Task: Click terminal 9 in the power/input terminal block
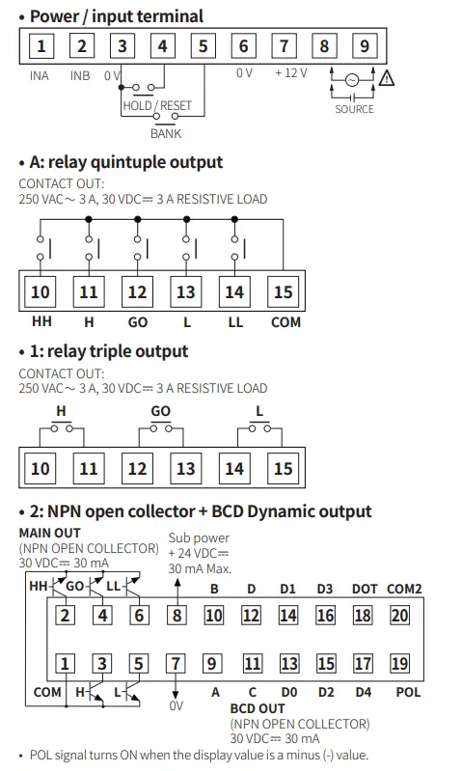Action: click(364, 46)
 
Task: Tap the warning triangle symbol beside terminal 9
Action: click(388, 80)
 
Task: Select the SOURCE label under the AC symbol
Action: click(354, 109)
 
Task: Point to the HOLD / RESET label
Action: click(157, 105)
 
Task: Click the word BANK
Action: click(166, 134)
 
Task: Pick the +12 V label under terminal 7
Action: click(290, 72)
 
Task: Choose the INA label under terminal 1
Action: click(39, 75)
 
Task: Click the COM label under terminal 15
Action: click(285, 322)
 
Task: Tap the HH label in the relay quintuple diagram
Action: click(41, 322)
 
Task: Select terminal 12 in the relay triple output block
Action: click(137, 469)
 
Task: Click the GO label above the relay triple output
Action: click(160, 411)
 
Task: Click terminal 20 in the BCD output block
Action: click(400, 616)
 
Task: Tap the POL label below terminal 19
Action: click(407, 692)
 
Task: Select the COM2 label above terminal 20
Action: click(405, 589)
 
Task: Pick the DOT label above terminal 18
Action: click(364, 589)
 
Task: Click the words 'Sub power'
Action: click(199, 537)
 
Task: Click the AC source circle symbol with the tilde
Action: click(352, 80)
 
